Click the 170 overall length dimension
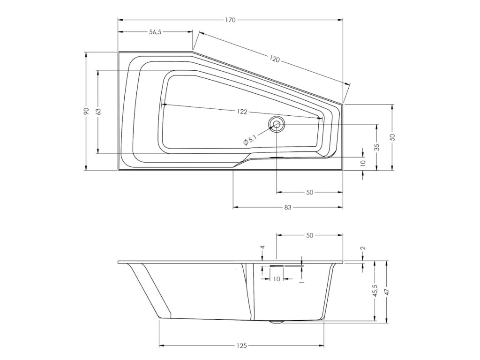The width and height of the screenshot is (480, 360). click(x=231, y=20)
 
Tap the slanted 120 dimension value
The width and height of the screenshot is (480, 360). click(x=275, y=59)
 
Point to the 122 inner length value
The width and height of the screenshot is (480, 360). click(x=242, y=112)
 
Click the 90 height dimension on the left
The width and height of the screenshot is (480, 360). click(x=86, y=111)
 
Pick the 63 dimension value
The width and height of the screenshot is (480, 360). click(x=98, y=112)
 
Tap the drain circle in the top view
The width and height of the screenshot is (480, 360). click(x=277, y=124)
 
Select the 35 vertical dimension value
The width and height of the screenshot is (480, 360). click(x=377, y=147)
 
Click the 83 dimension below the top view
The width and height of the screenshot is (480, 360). click(x=287, y=208)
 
